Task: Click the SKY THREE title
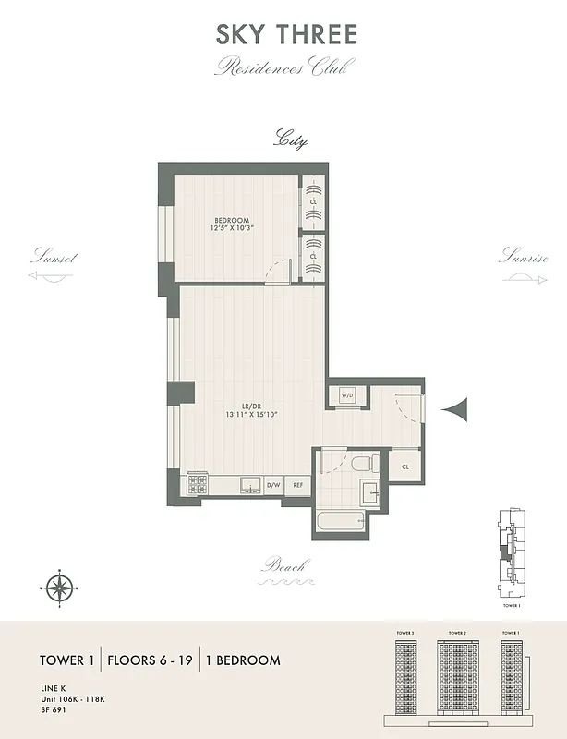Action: tap(285, 35)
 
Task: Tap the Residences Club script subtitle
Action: tap(284, 67)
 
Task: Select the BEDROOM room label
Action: tap(233, 220)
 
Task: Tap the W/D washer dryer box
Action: tap(347, 395)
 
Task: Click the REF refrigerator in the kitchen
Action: tap(299, 484)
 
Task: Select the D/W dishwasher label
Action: tap(273, 484)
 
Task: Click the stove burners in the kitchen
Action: tap(197, 483)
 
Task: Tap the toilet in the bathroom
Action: tap(365, 462)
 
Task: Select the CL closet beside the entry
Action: tap(405, 467)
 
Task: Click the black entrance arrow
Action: tap(456, 407)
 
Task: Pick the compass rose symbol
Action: tap(60, 586)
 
